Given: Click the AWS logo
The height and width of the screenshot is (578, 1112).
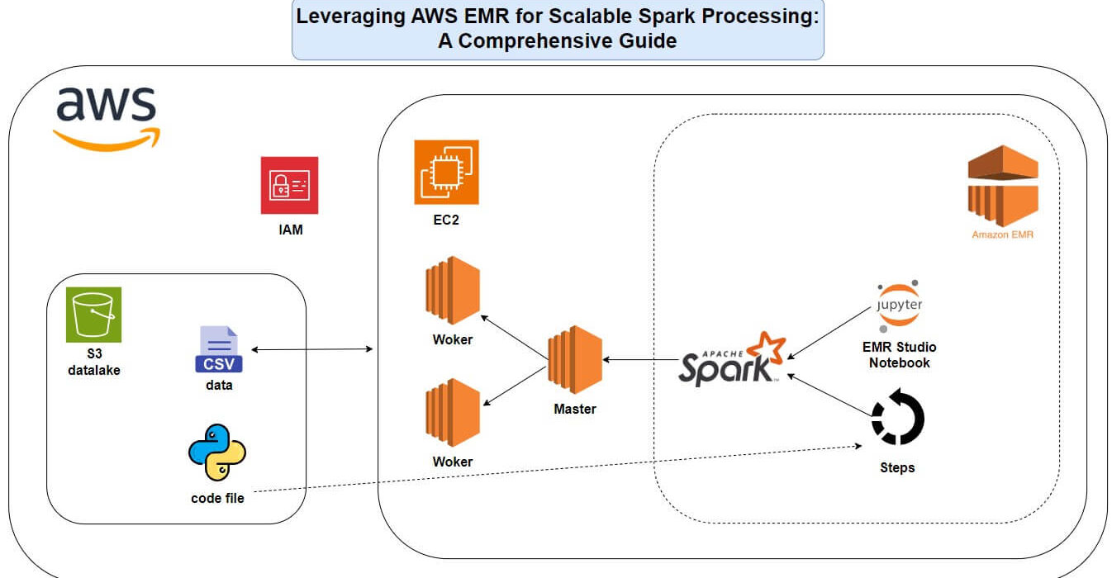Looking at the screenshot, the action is click(x=107, y=119).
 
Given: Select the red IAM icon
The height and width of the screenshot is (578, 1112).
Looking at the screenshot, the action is click(x=289, y=185).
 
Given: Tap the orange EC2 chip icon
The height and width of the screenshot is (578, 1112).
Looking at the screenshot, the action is click(x=446, y=172).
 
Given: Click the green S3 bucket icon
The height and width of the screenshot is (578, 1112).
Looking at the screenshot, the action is click(x=93, y=315).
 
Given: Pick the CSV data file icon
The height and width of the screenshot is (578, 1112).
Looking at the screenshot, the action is click(x=219, y=349).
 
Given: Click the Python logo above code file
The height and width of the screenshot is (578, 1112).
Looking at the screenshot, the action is click(x=217, y=452).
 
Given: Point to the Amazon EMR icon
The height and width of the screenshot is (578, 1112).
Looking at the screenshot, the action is click(x=1003, y=186).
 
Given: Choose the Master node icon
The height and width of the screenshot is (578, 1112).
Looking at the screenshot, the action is click(x=575, y=360).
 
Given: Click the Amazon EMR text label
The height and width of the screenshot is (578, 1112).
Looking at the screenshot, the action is click(x=1002, y=235).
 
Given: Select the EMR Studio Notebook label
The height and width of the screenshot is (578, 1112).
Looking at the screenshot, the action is click(x=899, y=355).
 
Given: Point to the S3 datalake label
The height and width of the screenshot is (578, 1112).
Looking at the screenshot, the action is click(x=94, y=362).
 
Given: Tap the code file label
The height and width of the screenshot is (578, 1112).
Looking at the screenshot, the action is click(x=217, y=498).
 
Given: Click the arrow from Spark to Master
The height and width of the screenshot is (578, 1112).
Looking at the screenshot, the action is click(x=640, y=359).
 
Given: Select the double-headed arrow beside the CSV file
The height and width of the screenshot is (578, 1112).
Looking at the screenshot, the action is click(x=311, y=349).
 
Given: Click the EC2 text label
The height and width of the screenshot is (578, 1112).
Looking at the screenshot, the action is click(x=446, y=220).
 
